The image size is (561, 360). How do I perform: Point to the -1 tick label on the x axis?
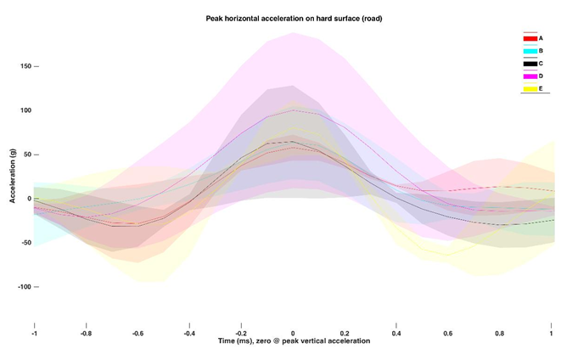[34, 333]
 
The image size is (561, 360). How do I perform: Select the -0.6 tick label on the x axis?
[137, 333]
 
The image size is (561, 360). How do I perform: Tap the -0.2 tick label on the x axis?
[241, 333]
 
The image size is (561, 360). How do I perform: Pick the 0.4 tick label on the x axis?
[396, 333]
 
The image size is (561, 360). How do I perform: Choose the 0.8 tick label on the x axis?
[501, 333]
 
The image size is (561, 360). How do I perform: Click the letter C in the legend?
[541, 64]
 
